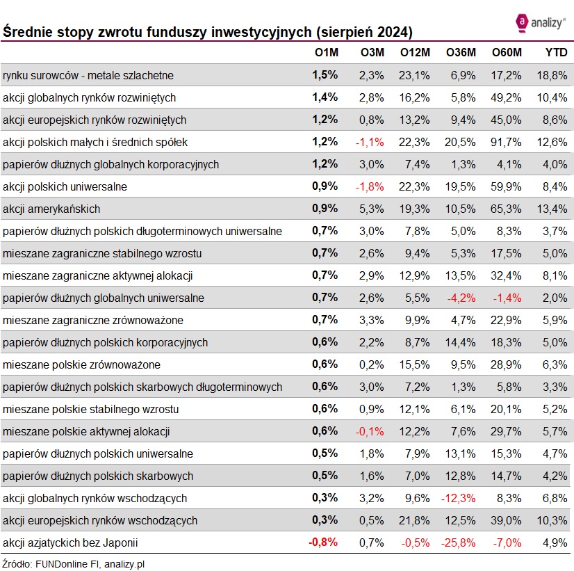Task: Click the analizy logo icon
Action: [522, 22]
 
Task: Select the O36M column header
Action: [461, 53]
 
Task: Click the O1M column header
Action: [325, 53]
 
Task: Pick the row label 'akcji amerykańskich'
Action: [51, 209]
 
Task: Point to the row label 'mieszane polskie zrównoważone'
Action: [81, 364]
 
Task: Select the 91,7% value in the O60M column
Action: [506, 142]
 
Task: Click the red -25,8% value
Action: [459, 542]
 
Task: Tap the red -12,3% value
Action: [459, 498]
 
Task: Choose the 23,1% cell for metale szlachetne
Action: [415, 75]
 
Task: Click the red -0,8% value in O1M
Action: [323, 542]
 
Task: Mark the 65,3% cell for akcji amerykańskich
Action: [506, 209]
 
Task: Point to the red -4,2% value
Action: [461, 298]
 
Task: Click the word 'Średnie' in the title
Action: [26, 32]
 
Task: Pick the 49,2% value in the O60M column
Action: [506, 97]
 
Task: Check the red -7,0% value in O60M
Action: [507, 542]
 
